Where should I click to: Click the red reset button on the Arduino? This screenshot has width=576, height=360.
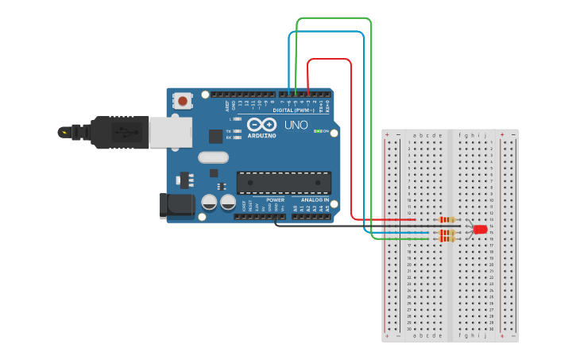pyautogui.click(x=184, y=101)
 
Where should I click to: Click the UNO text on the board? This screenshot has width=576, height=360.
pyautogui.click(x=296, y=125)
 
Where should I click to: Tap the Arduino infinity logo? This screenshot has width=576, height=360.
pyautogui.click(x=261, y=125)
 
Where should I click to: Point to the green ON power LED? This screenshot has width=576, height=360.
pyautogui.click(x=319, y=131)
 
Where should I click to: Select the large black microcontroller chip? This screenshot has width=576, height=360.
pyautogui.click(x=284, y=183)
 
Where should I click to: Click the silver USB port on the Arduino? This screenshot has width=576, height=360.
pyautogui.click(x=169, y=132)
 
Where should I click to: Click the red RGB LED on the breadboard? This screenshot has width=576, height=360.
pyautogui.click(x=480, y=230)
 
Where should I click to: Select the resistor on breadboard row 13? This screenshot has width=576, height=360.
pyautogui.click(x=447, y=219)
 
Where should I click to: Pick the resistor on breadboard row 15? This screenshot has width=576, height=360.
pyautogui.click(x=446, y=233)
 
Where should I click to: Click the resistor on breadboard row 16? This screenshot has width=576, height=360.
pyautogui.click(x=446, y=238)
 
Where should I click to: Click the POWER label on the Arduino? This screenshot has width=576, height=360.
pyautogui.click(x=275, y=200)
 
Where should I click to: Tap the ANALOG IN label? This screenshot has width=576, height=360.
pyautogui.click(x=315, y=200)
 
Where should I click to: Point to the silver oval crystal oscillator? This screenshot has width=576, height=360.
pyautogui.click(x=213, y=157)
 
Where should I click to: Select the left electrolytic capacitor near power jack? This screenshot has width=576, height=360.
pyautogui.click(x=209, y=202)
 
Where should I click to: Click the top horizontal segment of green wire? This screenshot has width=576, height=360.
pyautogui.click(x=334, y=18)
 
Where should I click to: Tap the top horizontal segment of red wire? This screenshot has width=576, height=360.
pyautogui.click(x=329, y=60)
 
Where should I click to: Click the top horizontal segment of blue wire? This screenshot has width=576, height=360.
pyautogui.click(x=326, y=33)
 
